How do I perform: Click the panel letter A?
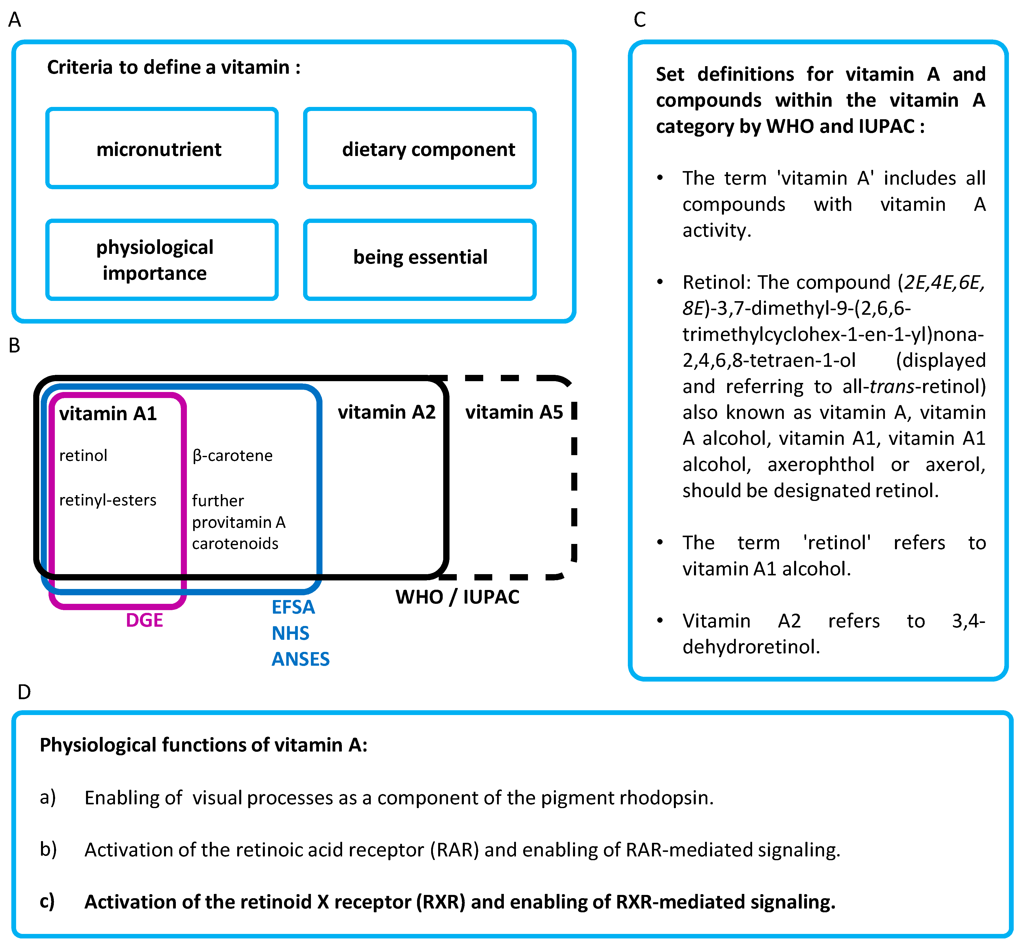click(15, 20)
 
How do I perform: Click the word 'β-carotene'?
click(233, 456)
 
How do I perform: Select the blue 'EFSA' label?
click(293, 607)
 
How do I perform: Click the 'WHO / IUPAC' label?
click(458, 597)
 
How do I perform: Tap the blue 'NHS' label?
click(291, 633)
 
